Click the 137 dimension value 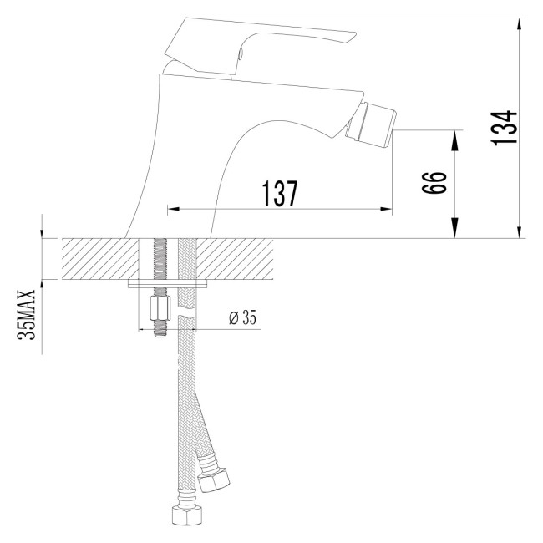pyautogui.click(x=281, y=194)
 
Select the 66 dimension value pyautogui.click(x=432, y=181)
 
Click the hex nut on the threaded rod pyautogui.click(x=157, y=312)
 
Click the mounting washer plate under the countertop pyautogui.click(x=167, y=284)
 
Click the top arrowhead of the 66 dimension pyautogui.click(x=455, y=136)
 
